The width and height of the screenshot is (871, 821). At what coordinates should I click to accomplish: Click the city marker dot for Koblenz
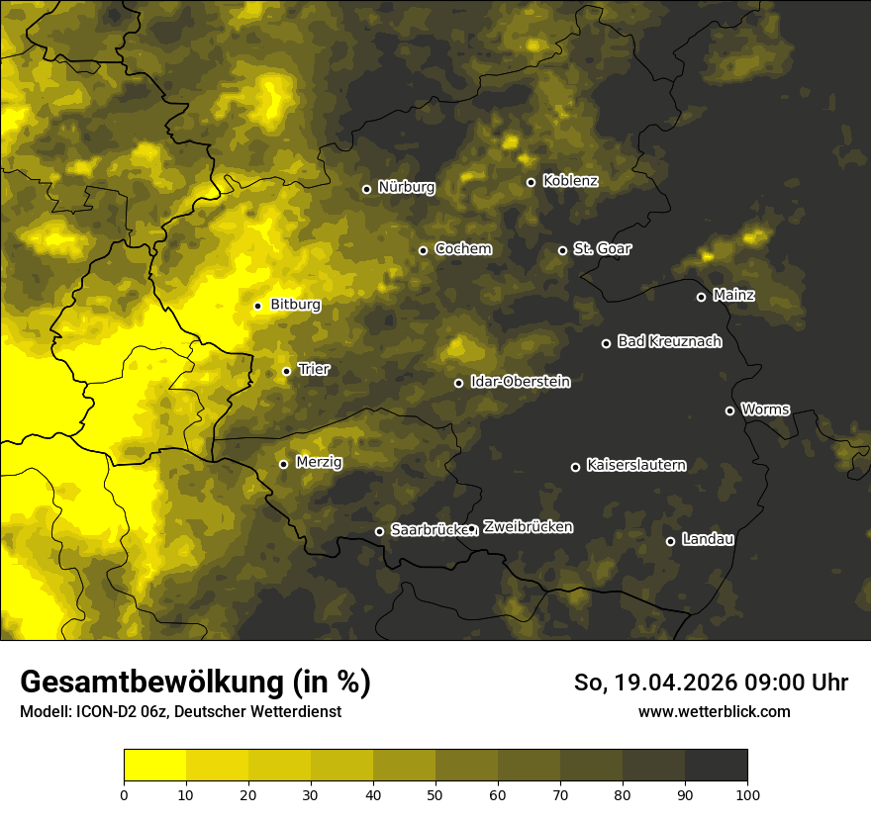[x=531, y=182]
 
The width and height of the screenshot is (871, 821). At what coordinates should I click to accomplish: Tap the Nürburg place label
[x=406, y=187]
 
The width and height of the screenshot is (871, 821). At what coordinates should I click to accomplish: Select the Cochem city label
[x=462, y=249]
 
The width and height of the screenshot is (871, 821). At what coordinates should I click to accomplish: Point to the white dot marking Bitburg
[x=257, y=306]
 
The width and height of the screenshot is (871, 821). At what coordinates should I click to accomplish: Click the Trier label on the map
[x=314, y=370]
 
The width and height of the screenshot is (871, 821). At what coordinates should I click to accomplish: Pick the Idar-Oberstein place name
[x=520, y=382]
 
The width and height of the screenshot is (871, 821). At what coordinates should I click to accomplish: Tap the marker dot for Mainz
[x=701, y=297]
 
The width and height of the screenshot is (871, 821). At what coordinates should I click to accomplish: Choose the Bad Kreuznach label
[x=669, y=342]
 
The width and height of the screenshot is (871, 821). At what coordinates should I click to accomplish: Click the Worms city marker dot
[x=729, y=410]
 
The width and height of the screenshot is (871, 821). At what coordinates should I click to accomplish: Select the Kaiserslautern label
[x=635, y=465]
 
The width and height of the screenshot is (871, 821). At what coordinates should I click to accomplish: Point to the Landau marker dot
[x=670, y=541]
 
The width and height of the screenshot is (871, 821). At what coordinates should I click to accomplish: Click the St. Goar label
[x=602, y=249]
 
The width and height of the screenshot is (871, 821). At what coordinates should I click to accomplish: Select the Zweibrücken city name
[x=528, y=527]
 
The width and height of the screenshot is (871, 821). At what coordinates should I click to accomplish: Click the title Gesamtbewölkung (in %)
[x=195, y=682]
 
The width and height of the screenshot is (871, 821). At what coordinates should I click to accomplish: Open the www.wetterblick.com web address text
[x=714, y=711]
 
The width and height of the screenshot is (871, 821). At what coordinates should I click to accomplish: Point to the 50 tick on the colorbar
[x=435, y=793]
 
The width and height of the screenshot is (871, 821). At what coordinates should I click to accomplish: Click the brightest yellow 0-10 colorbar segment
[x=154, y=765]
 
